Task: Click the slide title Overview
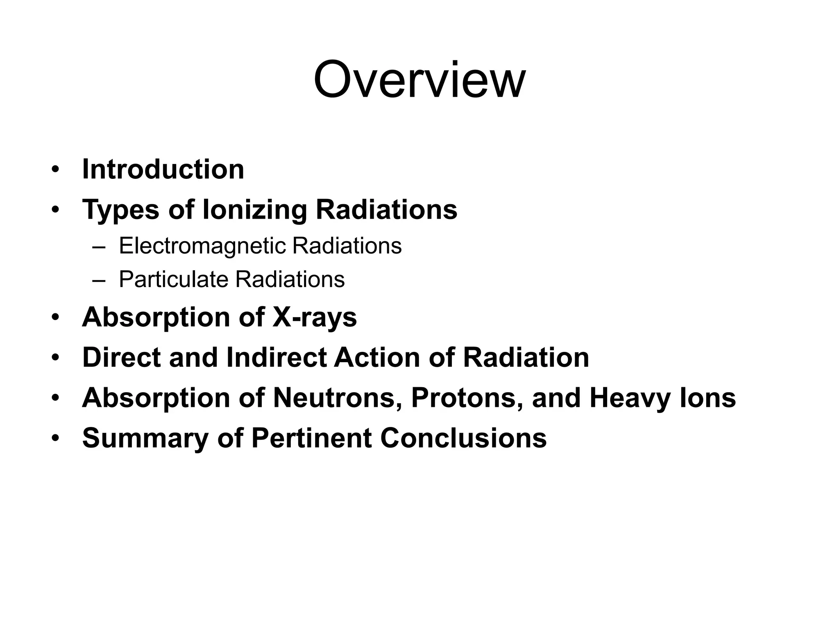[419, 80]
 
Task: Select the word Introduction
[163, 169]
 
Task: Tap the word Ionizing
[254, 210]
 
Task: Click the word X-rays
[315, 317]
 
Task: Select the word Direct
[121, 357]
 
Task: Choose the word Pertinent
[311, 438]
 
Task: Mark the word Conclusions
[463, 438]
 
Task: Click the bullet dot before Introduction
[56, 170]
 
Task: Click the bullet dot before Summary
[56, 438]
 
